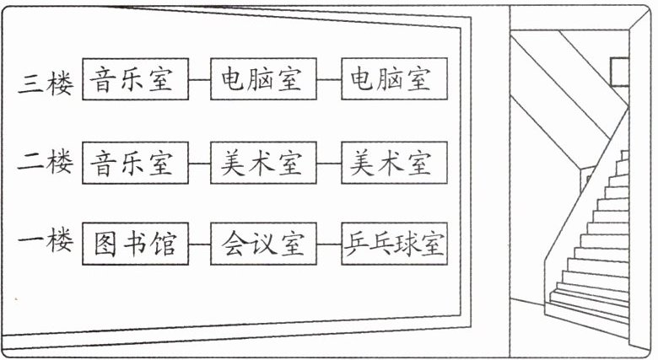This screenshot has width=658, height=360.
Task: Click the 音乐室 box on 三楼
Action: (134, 80)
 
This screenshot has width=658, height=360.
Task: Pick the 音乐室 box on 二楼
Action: (134, 163)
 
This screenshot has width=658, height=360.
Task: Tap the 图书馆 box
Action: (134, 244)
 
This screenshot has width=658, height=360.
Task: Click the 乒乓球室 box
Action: (392, 244)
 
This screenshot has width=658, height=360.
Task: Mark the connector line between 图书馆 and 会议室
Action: (198, 245)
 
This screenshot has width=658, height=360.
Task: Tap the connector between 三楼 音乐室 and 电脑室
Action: (198, 81)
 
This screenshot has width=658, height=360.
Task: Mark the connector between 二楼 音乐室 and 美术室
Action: (198, 164)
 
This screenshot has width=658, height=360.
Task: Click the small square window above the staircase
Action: (621, 71)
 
